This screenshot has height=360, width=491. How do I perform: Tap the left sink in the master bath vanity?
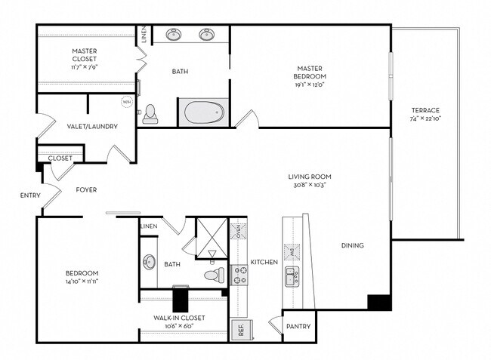coord(174,35)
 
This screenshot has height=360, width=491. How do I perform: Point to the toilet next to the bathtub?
coord(150,113)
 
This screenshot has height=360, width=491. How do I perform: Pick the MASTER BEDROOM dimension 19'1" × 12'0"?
coord(310,85)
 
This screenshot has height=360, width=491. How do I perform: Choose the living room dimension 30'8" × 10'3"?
coord(310,185)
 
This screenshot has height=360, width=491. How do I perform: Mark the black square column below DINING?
coord(378,302)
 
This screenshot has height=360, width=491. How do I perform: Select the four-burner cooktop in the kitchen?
coord(239,274)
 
